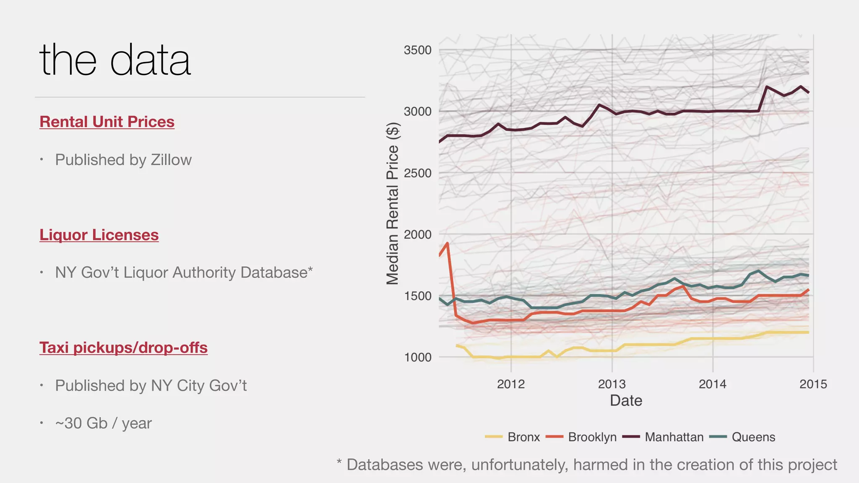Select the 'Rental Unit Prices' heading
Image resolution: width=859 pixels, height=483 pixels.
pos(107,122)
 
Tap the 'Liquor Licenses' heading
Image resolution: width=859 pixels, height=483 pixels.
pos(99,235)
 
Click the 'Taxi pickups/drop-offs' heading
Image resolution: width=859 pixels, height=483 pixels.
pos(123,348)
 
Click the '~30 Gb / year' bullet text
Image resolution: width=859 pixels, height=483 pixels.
pos(103,423)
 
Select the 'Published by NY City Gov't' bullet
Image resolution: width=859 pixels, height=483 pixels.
pos(151,385)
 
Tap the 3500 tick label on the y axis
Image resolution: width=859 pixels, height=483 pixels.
pos(417,50)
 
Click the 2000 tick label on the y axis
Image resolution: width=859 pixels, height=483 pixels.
pos(417,234)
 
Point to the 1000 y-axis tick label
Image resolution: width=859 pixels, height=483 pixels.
pos(417,357)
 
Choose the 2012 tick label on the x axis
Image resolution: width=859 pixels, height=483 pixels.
pos(511,384)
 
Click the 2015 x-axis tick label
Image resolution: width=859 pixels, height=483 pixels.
pos(813,384)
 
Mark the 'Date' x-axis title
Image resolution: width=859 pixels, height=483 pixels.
pos(626,400)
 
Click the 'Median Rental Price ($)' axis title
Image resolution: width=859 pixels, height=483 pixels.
pos(392,203)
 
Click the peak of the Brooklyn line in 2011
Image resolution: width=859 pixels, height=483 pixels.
pos(448,243)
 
